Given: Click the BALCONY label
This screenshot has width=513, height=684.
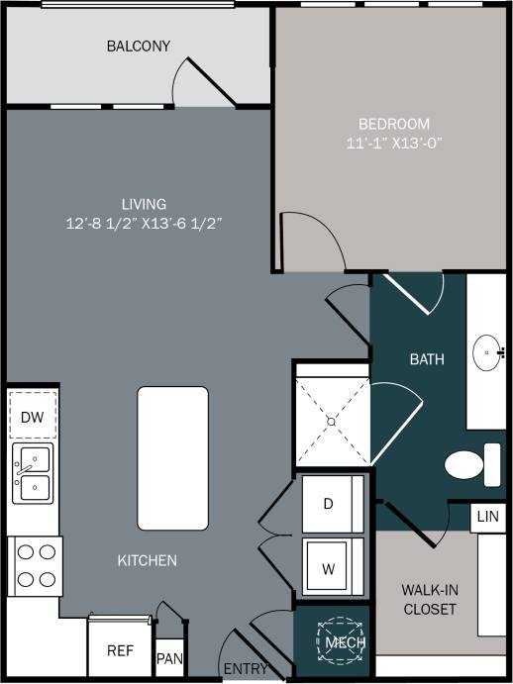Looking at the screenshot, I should pos(139,47).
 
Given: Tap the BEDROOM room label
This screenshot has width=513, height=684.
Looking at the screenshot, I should pos(394,124).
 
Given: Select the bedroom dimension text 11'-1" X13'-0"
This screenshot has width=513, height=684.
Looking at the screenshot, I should pos(394,142).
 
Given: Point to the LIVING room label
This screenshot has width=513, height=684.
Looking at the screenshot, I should pos(144,204).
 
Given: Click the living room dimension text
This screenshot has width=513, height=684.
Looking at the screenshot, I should pos(144,223).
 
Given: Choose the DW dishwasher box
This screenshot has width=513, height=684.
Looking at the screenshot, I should pos(32,417).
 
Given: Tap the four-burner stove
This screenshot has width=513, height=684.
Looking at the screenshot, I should pos(35,565).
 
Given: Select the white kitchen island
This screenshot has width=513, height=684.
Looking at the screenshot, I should pos(172,457).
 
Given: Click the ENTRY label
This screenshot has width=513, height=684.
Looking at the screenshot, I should pos(245,669).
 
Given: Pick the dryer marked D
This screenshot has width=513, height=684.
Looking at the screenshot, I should pos(329,503).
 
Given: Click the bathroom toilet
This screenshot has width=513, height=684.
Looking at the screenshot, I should pos(471,463).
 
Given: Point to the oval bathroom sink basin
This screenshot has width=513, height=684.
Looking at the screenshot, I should pos(486,350).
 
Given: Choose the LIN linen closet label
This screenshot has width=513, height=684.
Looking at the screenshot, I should pos(486,517).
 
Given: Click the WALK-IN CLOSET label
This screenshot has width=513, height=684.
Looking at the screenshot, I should pos(429,599).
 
